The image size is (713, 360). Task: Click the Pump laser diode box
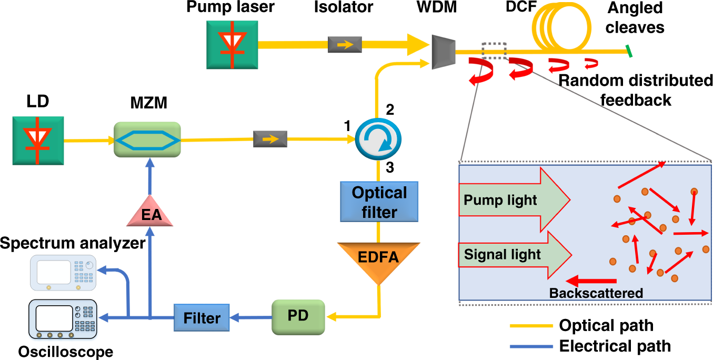(232, 44)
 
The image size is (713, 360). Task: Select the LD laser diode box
(38, 141)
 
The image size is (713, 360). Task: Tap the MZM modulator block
(147, 140)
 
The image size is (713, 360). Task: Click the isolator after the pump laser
(345, 45)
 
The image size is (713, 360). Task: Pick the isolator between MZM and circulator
(270, 139)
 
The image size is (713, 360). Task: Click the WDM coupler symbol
(443, 52)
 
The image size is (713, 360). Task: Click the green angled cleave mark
(629, 51)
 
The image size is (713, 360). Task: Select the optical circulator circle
(378, 139)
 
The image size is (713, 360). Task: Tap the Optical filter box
(379, 201)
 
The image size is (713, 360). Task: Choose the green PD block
(298, 317)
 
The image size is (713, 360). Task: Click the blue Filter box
(202, 317)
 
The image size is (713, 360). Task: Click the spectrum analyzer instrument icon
(64, 272)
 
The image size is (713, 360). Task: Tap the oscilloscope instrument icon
(63, 320)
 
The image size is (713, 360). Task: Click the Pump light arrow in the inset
(514, 200)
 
